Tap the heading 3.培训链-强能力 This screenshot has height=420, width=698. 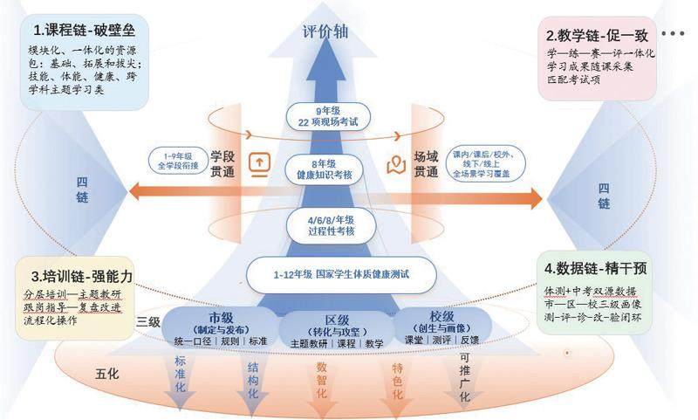78,276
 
